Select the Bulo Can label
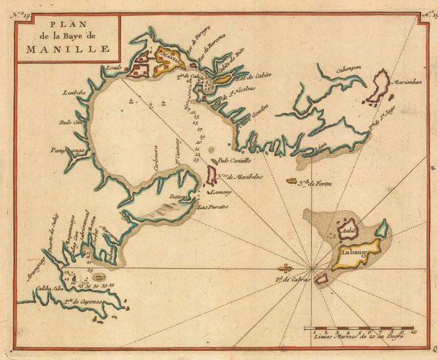click(75, 124)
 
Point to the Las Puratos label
click(213, 207)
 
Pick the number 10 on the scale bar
click(413, 331)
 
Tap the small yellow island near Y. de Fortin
click(312, 180)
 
